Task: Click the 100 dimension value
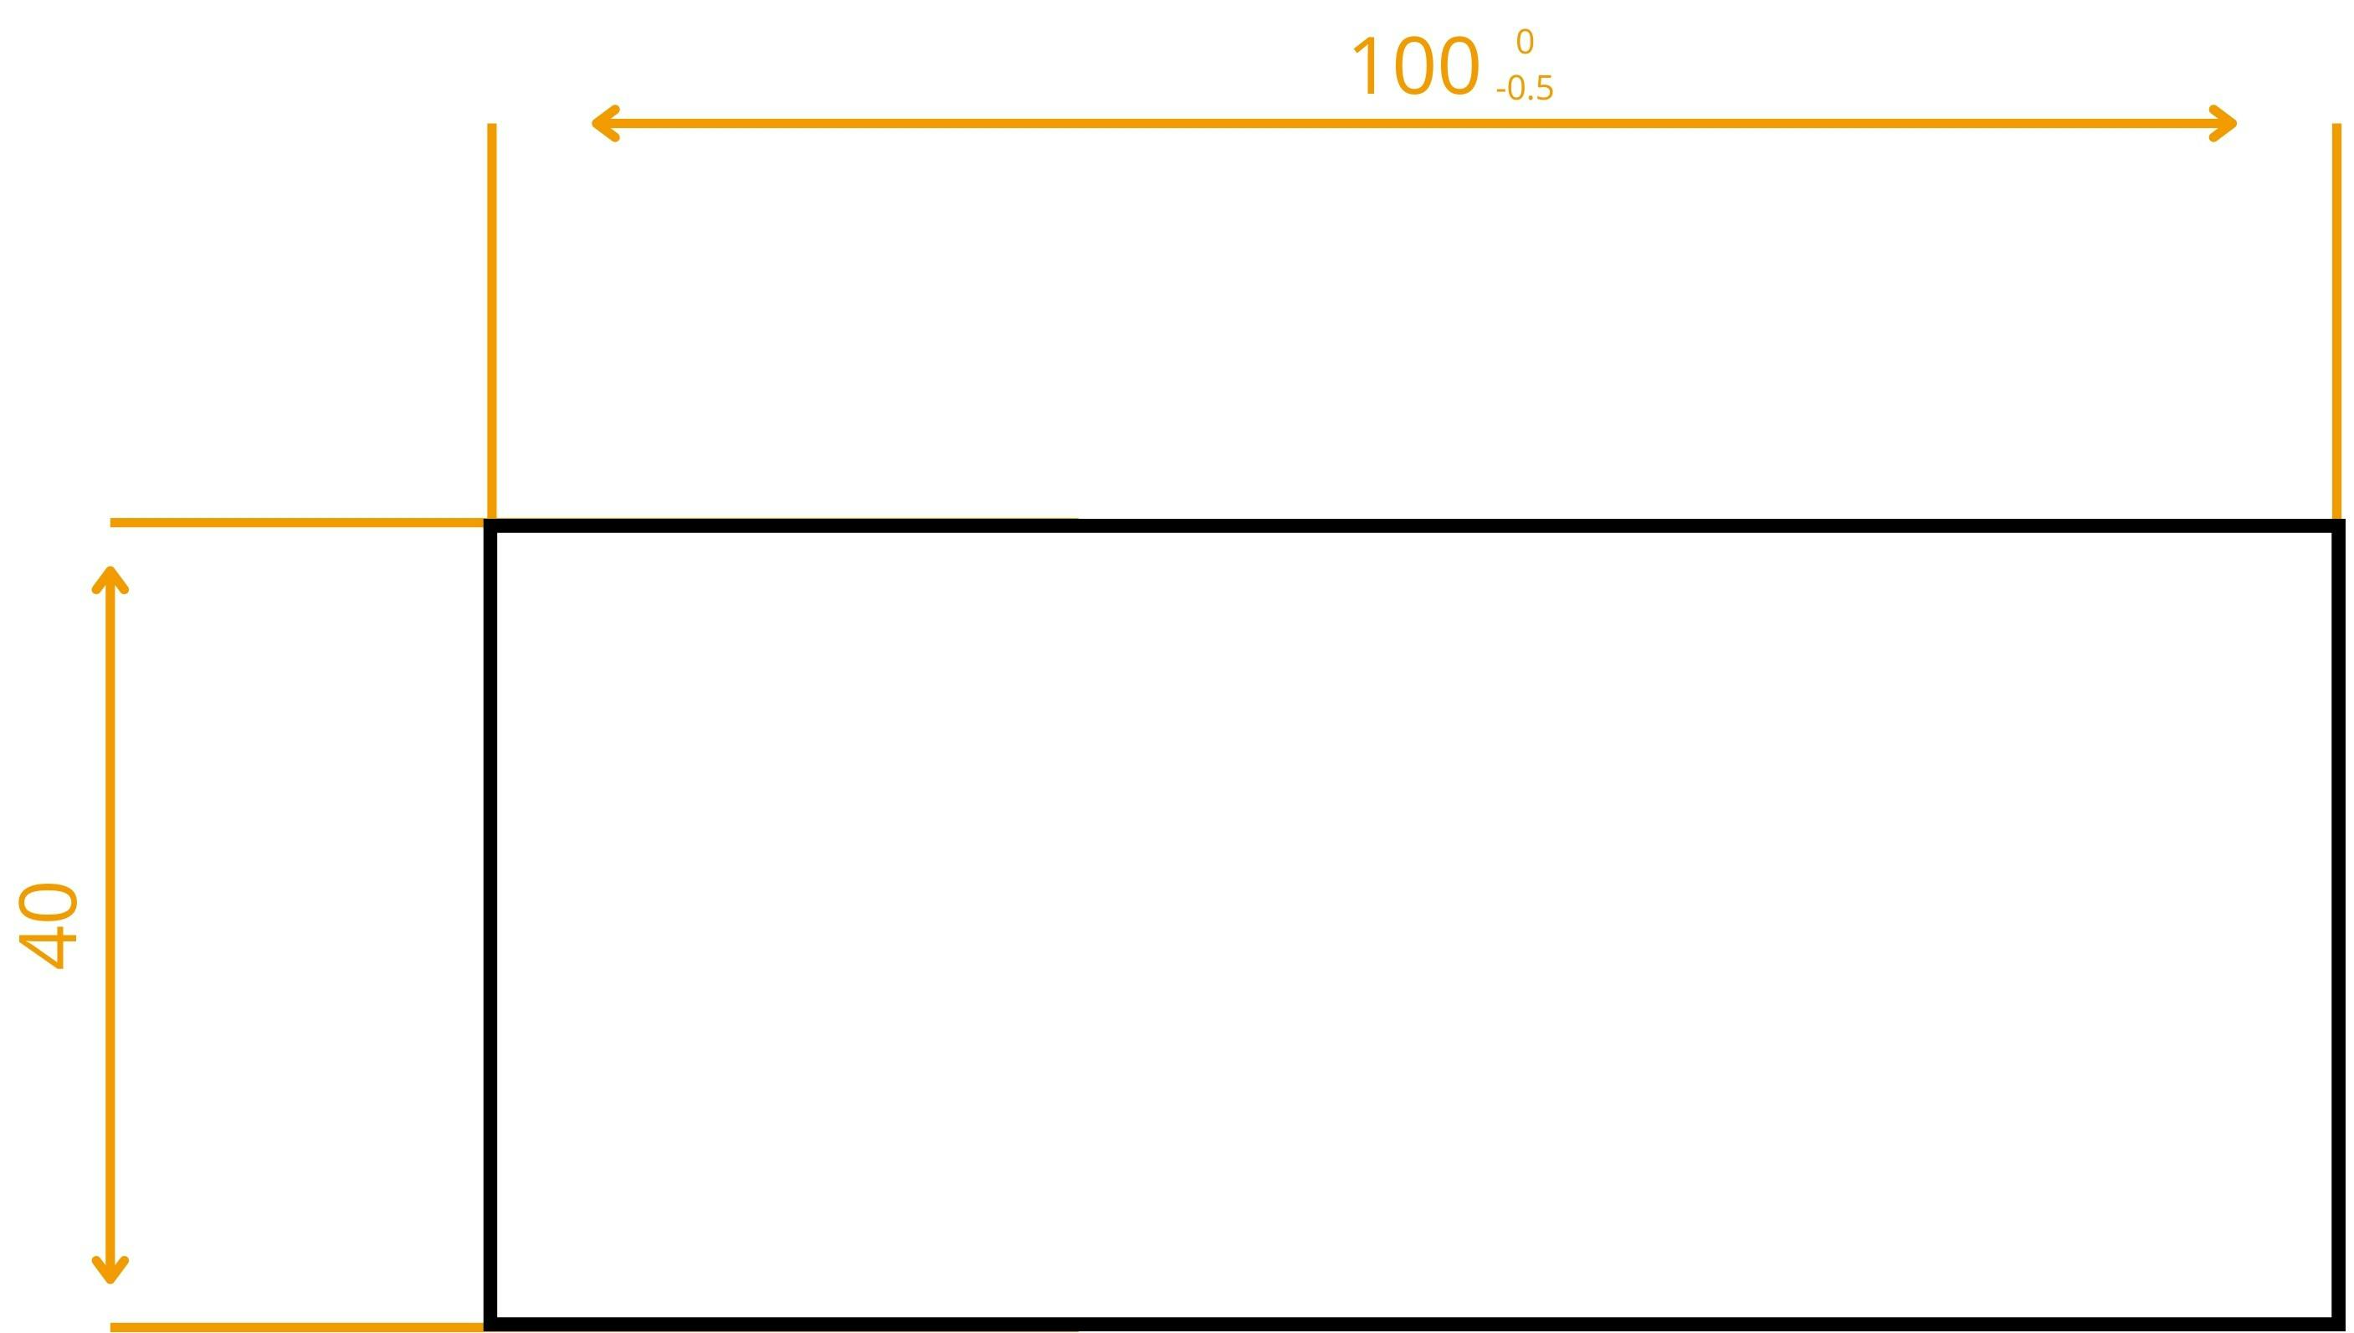tap(1414, 68)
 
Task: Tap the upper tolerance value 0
tap(1525, 42)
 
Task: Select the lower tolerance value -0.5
tap(1525, 89)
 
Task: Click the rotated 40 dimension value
tap(49, 925)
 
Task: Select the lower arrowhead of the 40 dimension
tap(110, 1274)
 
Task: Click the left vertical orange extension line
tap(492, 320)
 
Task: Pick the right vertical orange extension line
tap(2336, 320)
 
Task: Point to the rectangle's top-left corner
tap(490, 526)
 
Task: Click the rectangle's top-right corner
tap(2338, 526)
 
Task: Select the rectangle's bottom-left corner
tap(490, 1324)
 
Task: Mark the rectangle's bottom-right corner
tap(2338, 1324)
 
